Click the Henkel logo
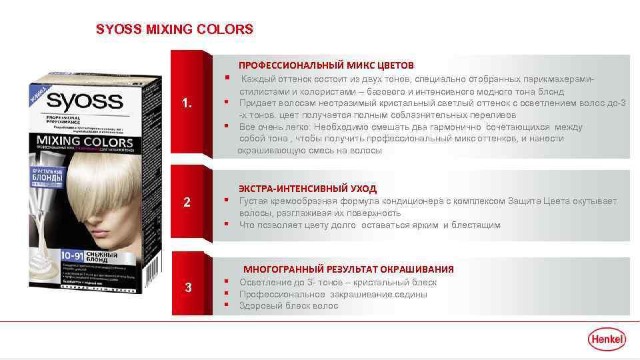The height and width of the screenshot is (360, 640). pos(607,339)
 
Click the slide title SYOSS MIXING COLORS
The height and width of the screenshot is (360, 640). pos(175,30)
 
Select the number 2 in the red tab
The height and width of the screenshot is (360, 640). pos(187,202)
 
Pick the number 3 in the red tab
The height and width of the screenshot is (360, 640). pos(188,288)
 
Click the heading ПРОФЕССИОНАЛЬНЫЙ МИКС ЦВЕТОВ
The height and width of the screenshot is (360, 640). pos(326,65)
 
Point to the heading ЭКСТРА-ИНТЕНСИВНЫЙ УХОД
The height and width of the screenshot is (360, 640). pos(307,189)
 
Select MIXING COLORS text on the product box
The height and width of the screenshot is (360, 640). pos(79,142)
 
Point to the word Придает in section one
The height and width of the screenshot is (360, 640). pos(257,103)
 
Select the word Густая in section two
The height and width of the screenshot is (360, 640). pos(254,201)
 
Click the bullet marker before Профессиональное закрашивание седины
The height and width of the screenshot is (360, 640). pos(227,293)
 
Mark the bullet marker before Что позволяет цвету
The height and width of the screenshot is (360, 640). pos(227,225)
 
